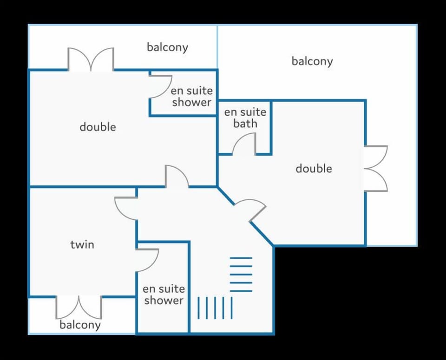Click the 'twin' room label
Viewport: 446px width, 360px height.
coord(82,244)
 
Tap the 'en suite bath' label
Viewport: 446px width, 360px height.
coord(245,118)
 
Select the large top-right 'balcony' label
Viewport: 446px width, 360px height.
coord(312,61)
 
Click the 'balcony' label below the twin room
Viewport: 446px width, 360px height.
coord(80,325)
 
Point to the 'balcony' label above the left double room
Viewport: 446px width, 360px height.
coord(167,47)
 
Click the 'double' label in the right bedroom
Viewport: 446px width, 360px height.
coord(314,168)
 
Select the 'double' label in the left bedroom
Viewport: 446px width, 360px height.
coord(98,127)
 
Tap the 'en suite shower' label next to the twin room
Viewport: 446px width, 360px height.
coord(164,295)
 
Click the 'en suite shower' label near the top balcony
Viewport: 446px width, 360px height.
coord(191,97)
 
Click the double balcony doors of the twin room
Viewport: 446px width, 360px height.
coord(79,307)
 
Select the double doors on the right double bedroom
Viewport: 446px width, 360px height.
coord(375,168)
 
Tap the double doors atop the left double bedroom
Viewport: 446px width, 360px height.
coord(91,59)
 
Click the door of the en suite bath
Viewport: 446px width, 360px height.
coord(244,144)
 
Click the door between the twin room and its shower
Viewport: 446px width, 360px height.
coord(147,259)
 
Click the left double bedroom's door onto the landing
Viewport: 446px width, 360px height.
coord(177,177)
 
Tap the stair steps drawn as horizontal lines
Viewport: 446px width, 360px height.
coord(241,274)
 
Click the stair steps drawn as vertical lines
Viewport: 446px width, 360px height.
coord(215,308)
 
